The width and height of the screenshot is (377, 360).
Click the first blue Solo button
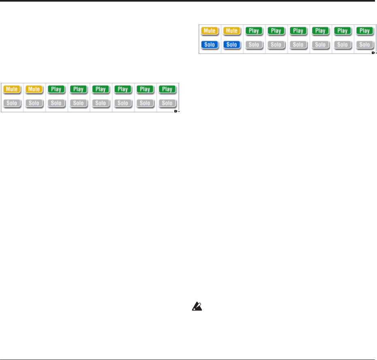tap(209, 44)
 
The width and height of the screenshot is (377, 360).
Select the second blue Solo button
tap(231, 44)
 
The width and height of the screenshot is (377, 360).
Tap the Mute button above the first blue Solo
tap(209, 31)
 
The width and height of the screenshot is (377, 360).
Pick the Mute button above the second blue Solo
tap(231, 31)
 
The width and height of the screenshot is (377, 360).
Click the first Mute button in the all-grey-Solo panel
tap(12, 89)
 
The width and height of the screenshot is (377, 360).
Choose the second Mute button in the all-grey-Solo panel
tap(34, 89)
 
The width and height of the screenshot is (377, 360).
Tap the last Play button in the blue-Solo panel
tap(365, 31)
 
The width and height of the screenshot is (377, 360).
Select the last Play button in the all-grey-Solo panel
tap(167, 89)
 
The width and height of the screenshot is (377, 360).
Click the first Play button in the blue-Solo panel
tap(254, 31)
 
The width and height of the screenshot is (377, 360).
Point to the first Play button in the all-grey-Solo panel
tap(56, 89)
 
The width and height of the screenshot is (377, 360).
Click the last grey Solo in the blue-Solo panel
tap(365, 44)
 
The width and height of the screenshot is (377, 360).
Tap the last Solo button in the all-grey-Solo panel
tap(167, 103)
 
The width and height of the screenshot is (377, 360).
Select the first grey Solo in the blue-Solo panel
tap(254, 44)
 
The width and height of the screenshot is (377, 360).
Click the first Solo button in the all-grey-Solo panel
tap(12, 103)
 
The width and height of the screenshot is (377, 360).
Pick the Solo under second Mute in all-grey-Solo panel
tap(34, 103)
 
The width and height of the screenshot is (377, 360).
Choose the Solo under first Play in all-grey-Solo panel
tap(56, 103)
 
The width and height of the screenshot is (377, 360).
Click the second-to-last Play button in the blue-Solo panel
tap(343, 31)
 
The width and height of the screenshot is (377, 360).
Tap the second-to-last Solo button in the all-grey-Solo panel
tap(145, 103)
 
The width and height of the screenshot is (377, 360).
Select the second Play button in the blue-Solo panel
tap(276, 31)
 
